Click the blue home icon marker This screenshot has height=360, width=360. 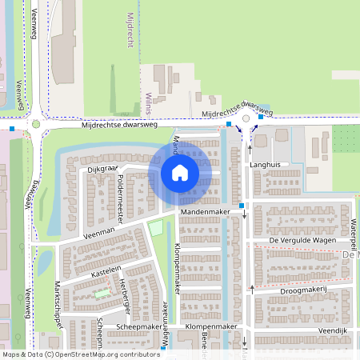coord(179,173)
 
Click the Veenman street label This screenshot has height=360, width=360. coord(100,230)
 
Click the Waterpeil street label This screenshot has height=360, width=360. coord(351,229)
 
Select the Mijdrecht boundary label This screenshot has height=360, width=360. coord(130,30)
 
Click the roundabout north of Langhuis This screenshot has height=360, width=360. coord(246,118)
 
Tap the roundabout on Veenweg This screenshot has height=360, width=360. coord(36,124)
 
